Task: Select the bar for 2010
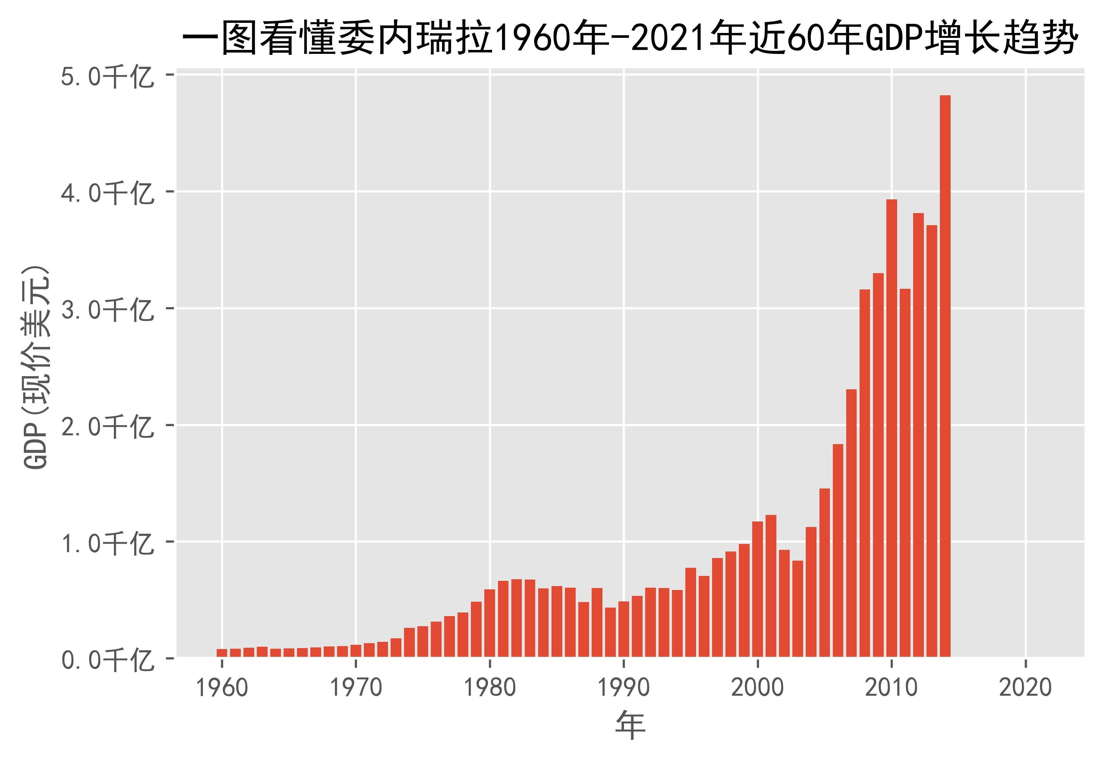892,428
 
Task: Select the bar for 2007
851,523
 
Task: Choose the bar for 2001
771,586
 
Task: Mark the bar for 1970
356,651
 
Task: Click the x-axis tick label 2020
1025,688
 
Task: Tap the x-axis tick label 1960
222,688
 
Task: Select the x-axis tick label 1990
624,688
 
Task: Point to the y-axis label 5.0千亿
107,77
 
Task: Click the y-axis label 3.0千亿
107,310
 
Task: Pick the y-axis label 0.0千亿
107,660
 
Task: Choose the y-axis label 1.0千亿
107,543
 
